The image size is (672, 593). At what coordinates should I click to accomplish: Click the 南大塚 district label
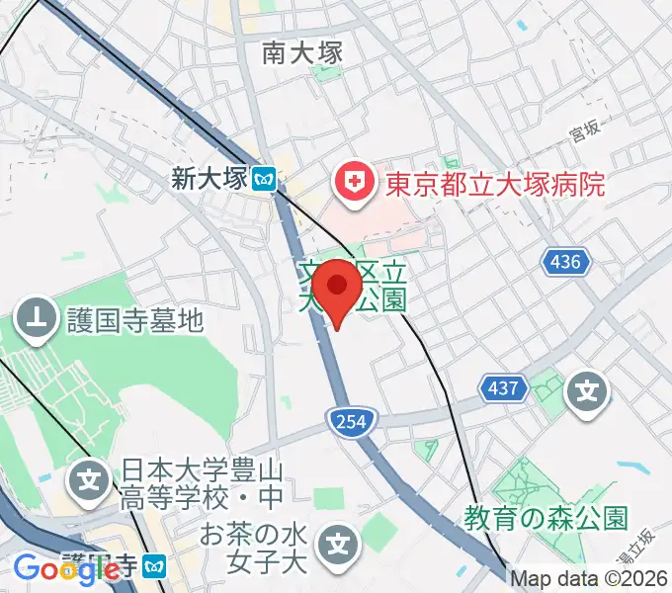pos(302,52)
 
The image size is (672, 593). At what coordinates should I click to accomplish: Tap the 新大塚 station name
pos(208,179)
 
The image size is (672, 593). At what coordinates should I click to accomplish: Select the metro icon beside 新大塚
pos(264,179)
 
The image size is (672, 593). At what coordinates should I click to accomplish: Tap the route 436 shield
pos(566,262)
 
